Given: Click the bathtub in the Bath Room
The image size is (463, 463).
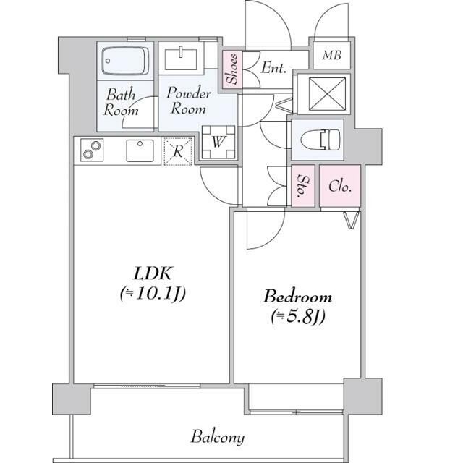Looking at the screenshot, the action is [125, 61].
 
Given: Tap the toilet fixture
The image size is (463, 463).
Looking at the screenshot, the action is [320, 140].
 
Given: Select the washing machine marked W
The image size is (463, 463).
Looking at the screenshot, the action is [218, 143].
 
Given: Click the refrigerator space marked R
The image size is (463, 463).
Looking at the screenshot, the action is [178, 151].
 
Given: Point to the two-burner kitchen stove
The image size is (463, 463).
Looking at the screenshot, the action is [92, 150].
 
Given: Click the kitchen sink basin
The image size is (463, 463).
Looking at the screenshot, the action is [140, 150].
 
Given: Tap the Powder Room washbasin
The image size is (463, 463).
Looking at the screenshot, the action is [181, 59].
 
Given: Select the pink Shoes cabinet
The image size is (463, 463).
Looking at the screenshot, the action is [232, 69].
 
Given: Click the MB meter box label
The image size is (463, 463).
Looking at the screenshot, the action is [332, 55].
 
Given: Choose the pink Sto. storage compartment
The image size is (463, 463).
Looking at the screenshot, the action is [303, 186].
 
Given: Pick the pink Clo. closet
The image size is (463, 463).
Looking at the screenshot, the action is [340, 186].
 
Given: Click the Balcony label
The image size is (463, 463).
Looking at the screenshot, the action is [218, 437].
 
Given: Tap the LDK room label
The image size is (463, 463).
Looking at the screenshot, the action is [153, 273].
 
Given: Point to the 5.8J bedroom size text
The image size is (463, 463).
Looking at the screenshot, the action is [298, 317].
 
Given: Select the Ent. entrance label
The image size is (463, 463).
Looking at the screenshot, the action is [273, 67].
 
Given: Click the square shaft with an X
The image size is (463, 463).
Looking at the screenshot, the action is [326, 94].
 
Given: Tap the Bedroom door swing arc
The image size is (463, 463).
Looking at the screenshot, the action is [266, 229].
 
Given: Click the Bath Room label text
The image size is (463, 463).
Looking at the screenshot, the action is [121, 102].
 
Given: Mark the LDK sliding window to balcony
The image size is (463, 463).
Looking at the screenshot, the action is [147, 386].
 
